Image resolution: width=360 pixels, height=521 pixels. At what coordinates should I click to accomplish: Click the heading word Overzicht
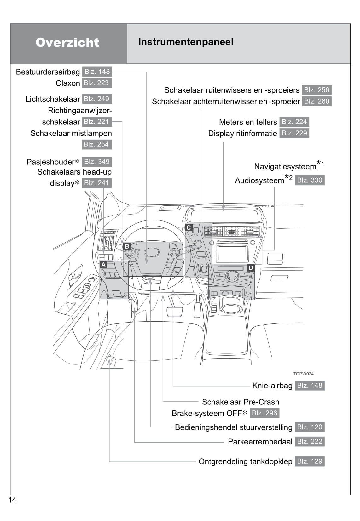[67, 43]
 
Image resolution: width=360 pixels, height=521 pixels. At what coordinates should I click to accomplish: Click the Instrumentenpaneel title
[186, 42]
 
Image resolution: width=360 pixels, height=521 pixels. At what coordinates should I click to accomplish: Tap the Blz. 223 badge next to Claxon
[96, 83]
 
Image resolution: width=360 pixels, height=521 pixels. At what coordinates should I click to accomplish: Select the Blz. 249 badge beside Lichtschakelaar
[96, 99]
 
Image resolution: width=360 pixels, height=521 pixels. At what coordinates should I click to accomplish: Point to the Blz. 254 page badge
[96, 145]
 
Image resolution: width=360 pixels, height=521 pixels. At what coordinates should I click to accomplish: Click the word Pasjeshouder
[50, 162]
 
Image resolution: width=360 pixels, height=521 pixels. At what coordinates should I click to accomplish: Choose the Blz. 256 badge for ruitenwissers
[316, 90]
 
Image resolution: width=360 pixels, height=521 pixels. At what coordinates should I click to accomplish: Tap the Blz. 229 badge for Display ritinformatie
[294, 133]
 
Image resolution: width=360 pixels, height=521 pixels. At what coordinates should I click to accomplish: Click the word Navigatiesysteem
[285, 166]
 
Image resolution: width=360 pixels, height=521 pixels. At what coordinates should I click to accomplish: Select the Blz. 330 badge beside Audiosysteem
[310, 180]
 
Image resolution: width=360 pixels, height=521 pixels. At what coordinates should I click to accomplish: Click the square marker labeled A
[103, 265]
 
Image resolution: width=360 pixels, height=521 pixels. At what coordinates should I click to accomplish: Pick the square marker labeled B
[127, 246]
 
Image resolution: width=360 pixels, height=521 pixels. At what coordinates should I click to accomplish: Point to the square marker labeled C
[189, 227]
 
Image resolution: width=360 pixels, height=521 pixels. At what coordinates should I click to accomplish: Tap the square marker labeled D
[251, 268]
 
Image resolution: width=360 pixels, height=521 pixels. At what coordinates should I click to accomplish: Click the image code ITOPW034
[303, 374]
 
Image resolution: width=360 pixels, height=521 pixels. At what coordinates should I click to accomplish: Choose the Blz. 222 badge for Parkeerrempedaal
[310, 442]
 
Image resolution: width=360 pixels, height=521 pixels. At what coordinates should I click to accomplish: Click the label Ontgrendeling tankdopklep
[245, 461]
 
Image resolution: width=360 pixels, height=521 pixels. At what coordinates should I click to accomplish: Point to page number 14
[12, 500]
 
